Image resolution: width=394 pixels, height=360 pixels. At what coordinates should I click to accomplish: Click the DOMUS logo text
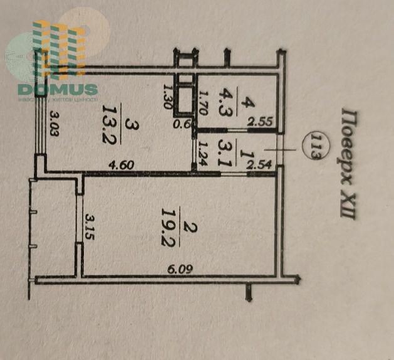coord(58,89)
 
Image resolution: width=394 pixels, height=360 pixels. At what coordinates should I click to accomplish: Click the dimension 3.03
coord(55,124)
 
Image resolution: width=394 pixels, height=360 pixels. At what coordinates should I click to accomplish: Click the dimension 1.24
coord(202,152)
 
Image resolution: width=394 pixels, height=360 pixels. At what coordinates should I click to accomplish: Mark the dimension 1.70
coord(203,101)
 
